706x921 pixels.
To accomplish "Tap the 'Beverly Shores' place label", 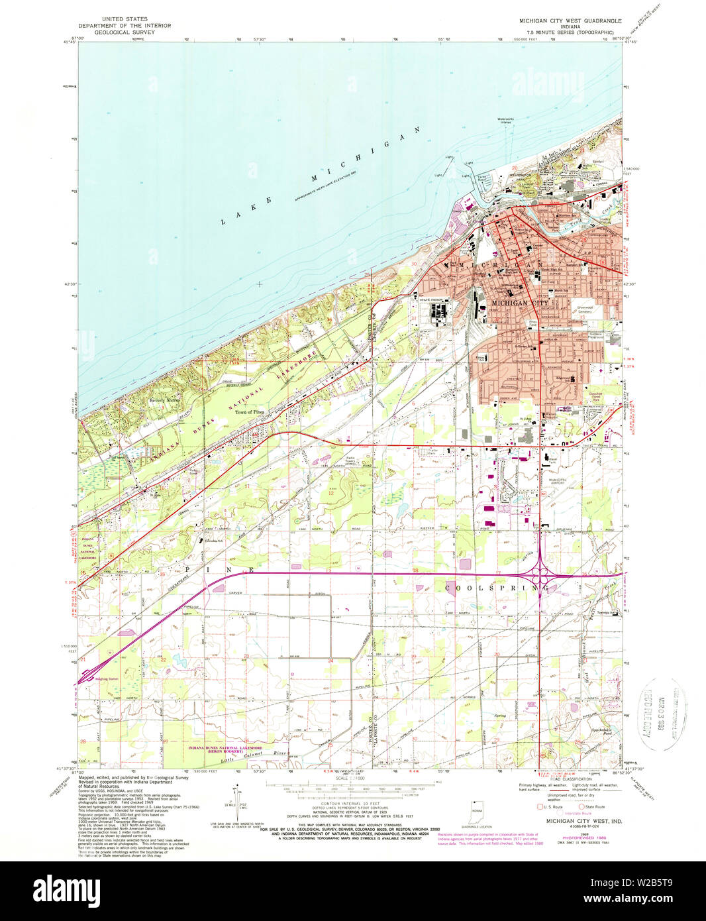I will coord(165,400).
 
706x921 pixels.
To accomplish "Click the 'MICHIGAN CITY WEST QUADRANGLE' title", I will coord(570,21).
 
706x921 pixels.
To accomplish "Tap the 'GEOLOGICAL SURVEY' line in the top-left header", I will coord(125,32).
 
